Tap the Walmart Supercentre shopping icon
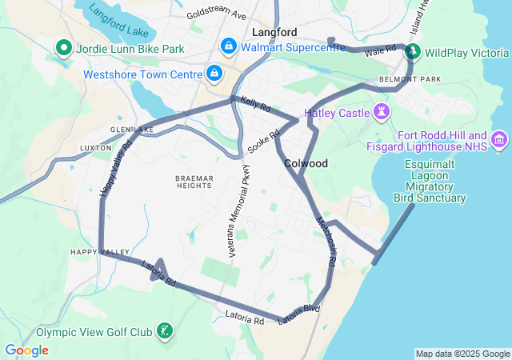point(229,46)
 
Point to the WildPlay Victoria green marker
point(413,53)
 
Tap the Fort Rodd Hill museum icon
point(500,140)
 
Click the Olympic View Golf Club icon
point(164,331)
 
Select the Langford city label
point(274,33)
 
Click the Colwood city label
point(306,163)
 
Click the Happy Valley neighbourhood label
point(99,252)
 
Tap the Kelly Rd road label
point(255,104)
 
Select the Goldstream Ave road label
point(216,14)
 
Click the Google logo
point(26,350)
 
